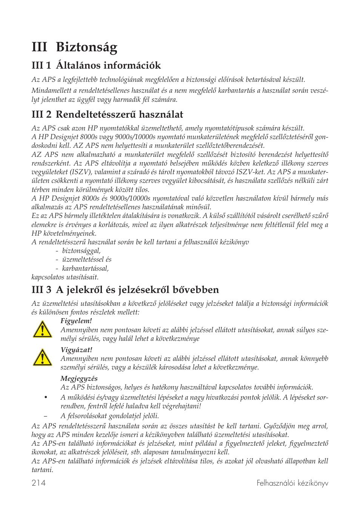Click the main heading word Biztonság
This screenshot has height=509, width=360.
86,48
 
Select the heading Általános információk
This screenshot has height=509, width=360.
108,66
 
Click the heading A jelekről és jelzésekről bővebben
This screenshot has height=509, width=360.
137,290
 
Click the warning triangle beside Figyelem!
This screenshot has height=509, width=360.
42,330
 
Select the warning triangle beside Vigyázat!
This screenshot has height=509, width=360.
42,358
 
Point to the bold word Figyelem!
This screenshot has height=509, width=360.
76,321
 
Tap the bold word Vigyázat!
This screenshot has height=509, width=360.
76,350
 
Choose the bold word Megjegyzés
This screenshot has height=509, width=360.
79,379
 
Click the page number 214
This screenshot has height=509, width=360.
38,483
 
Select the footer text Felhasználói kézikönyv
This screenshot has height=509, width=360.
292,483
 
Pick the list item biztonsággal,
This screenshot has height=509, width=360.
81,251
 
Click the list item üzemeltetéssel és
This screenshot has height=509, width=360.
87,259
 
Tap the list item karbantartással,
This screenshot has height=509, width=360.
85,268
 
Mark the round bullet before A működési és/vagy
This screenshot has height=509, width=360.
46,397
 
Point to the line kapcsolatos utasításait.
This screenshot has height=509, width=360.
65,277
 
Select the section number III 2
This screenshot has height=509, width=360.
41,115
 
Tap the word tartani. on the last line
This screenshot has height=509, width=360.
42,470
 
